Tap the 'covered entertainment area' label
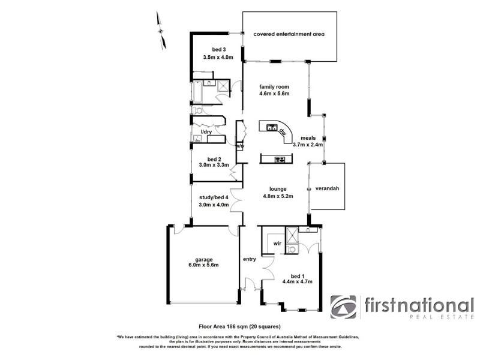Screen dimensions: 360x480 pos(289,34)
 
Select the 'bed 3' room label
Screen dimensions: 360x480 pos(218,49)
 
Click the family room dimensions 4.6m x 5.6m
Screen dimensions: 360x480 pos(274,94)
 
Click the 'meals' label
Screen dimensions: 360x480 pos(308,137)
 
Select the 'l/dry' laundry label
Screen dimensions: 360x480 pos(206,131)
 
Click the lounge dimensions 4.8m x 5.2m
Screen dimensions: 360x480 pos(278,196)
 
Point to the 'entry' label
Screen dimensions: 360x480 pos(249,259)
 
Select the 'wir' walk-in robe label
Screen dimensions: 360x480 pos(277,244)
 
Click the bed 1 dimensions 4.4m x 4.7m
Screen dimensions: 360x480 pos(298,281)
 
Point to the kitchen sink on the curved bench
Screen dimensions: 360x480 pos(271,127)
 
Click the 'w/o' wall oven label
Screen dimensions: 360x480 pos(239,146)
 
